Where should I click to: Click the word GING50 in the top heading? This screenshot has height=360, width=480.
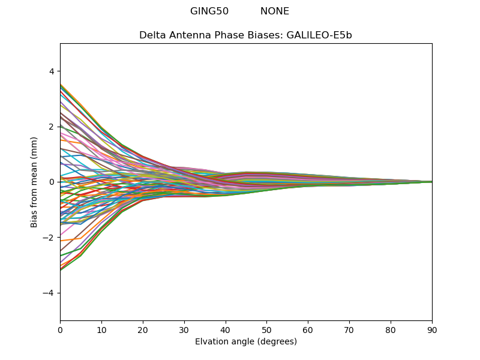point(209,11)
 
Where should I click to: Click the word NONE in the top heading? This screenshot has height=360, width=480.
point(275,11)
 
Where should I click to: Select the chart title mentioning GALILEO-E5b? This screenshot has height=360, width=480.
point(245,35)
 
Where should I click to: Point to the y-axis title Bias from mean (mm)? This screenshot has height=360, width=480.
point(35,182)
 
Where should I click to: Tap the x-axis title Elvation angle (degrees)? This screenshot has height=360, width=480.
point(246,342)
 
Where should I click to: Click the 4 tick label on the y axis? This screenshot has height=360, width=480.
point(52,71)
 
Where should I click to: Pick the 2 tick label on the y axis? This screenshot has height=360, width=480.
point(52,127)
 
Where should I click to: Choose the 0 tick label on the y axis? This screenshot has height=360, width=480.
point(52,182)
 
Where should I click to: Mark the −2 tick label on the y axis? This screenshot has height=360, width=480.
point(49,238)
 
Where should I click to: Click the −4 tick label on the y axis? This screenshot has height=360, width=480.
point(49,293)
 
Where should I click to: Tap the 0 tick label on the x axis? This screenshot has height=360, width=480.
point(60,330)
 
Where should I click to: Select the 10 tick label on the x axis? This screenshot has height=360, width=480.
point(101,330)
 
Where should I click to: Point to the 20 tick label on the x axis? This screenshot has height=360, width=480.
point(143,330)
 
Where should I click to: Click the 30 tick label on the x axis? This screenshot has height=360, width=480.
point(184,330)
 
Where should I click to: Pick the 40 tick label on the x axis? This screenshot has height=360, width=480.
point(226,330)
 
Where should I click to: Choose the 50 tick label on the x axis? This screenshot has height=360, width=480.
point(266,330)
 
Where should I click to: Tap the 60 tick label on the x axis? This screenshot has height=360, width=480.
point(308,330)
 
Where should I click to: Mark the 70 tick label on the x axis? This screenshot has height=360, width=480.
point(349,330)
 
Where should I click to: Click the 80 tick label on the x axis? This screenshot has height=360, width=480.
point(391,330)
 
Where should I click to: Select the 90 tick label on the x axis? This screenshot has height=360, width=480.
point(432,330)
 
